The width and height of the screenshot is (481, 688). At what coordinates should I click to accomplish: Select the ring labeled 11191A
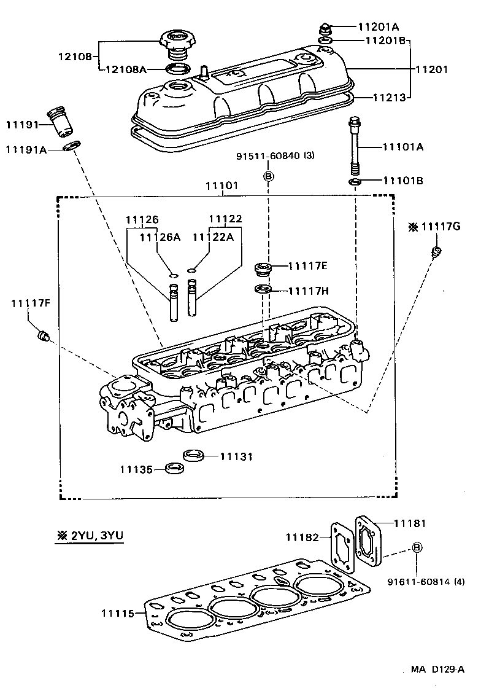pos(72,147)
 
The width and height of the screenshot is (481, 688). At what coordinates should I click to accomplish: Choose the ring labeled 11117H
pos(263,289)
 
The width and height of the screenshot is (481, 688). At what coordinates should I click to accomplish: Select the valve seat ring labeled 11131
pos(193,456)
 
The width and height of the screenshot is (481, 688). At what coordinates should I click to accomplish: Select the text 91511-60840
pos(268,156)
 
